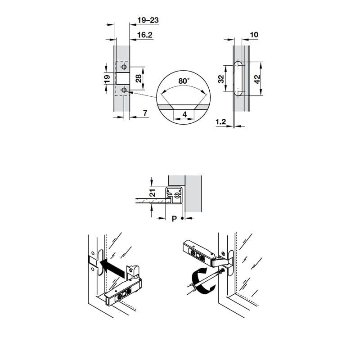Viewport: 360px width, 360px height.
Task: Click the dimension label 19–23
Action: point(148,20)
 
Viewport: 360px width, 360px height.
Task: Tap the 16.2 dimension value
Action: point(144,35)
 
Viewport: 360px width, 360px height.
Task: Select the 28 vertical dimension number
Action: point(138,78)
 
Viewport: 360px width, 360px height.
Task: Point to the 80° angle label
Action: point(184,81)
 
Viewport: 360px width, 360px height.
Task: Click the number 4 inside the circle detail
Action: point(184,114)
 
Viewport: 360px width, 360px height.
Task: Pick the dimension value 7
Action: point(145,113)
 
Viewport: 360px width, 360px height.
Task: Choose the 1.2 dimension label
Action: point(221,121)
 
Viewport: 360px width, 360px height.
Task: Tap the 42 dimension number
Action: point(257,79)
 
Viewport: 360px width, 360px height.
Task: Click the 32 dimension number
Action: point(221,79)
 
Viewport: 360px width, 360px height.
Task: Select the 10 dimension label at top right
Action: point(254,35)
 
